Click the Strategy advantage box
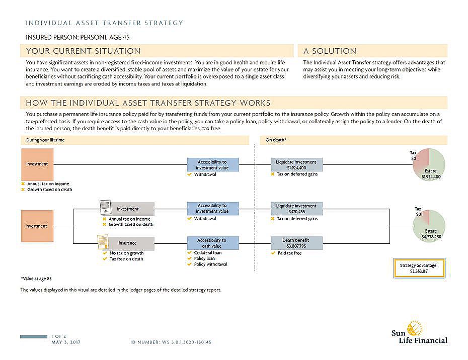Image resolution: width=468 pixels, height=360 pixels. tap(418, 268)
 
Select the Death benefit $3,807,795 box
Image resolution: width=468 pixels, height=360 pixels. tap(296, 243)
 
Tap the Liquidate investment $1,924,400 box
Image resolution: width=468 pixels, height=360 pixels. tap(296, 165)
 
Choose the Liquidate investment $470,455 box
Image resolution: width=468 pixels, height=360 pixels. tap(296, 209)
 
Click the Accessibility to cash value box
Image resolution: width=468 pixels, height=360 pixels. tap(212, 243)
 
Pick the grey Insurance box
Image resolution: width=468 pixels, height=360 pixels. tap(127, 243)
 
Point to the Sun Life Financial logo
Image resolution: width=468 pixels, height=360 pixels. tap(419, 333)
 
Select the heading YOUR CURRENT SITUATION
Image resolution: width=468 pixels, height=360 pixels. tap(84, 51)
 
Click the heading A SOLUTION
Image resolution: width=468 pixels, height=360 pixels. tap(330, 51)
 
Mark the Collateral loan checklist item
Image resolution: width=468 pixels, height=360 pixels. tap(207, 253)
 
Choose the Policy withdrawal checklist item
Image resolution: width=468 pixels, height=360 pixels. tap(210, 264)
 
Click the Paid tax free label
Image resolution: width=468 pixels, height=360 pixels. tap(289, 253)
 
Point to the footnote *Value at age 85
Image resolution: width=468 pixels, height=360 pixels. tap(36, 278)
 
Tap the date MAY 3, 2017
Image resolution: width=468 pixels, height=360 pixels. tap(66, 342)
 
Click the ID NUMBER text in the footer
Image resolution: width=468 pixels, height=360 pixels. tap(171, 342)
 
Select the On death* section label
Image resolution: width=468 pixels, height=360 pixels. tap(276, 140)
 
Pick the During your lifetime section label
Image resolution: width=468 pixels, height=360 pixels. tap(46, 140)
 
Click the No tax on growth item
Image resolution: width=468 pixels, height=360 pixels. tap(126, 253)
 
